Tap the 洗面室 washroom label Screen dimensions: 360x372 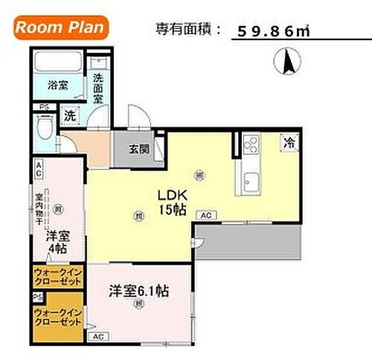tap(98, 88)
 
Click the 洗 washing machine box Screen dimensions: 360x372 tap(69, 116)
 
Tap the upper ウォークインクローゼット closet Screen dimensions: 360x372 tap(57, 278)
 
